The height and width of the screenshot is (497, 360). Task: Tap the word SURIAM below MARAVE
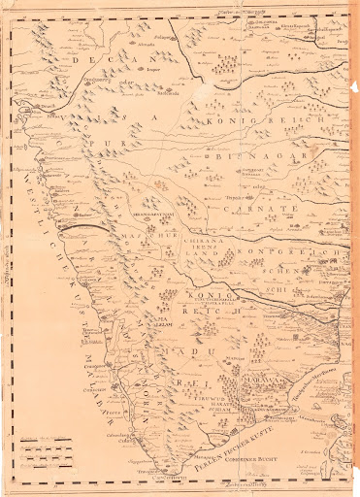coord(197,410)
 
